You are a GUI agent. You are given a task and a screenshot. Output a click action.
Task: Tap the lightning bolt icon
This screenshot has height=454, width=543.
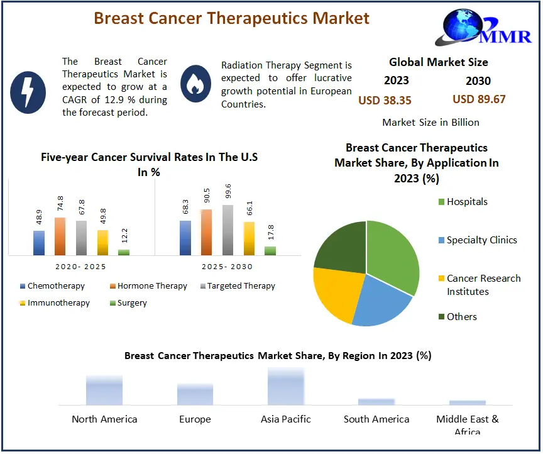28,92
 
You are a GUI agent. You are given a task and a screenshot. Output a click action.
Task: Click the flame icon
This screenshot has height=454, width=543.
195,84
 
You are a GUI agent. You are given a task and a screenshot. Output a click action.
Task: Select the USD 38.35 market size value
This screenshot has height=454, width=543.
385,100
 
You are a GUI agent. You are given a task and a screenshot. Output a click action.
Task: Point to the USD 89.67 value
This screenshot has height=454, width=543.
479,99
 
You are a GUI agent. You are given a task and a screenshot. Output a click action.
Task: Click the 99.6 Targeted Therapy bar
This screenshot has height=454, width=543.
228,230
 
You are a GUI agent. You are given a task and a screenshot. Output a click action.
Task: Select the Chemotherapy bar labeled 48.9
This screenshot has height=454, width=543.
39,243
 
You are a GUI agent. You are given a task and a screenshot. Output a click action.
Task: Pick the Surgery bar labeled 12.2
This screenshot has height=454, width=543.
124,252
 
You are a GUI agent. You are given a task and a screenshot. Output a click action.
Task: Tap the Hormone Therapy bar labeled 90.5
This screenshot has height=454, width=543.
206,232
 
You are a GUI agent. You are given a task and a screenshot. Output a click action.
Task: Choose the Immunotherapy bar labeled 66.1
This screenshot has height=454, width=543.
249,238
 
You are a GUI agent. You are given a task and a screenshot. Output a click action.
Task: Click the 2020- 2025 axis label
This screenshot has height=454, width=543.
80,267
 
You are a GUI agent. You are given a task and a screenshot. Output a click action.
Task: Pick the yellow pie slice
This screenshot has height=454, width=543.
336,292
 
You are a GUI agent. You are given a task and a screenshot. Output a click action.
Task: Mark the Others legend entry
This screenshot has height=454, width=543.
461,317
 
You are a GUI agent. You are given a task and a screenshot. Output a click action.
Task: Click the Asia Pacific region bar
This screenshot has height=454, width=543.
285,387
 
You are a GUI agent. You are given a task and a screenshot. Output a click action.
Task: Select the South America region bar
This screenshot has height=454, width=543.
376,402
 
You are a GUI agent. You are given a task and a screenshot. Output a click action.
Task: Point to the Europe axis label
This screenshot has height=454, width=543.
195,419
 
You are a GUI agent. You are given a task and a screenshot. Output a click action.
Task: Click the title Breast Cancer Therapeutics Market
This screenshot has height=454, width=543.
232,18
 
